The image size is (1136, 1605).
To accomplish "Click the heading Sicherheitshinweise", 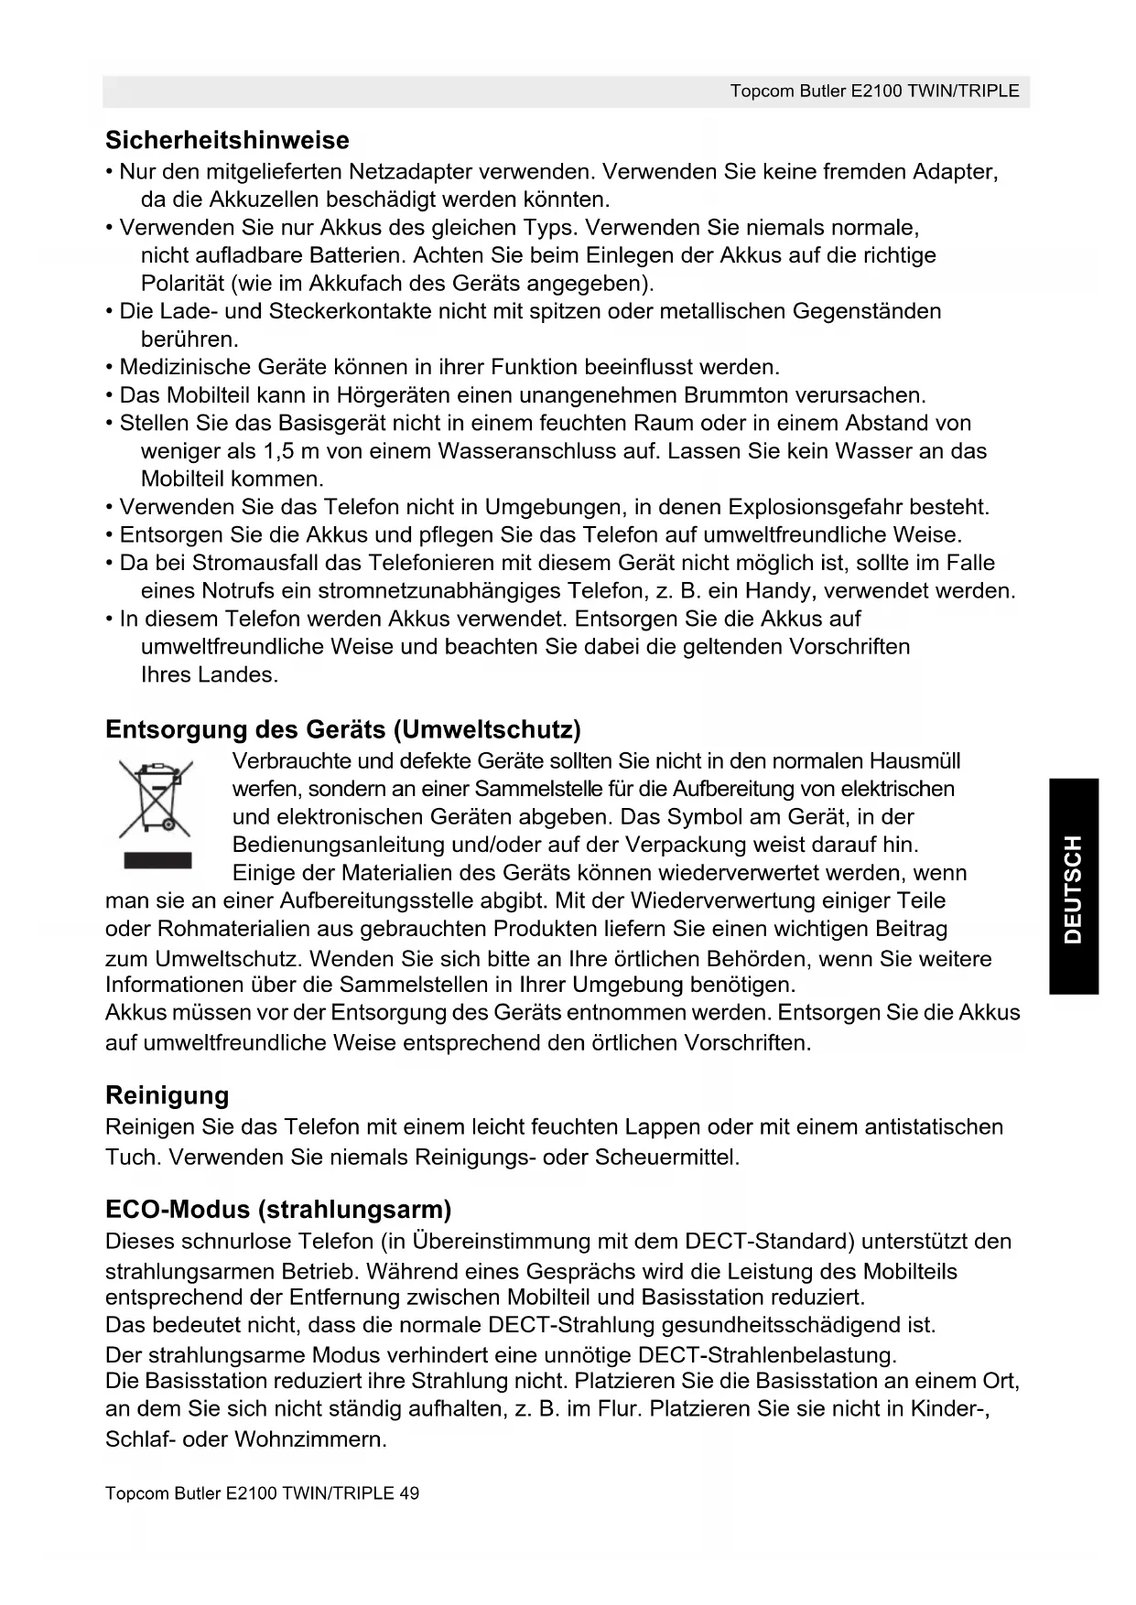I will (227, 140).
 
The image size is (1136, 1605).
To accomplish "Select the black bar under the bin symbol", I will (157, 860).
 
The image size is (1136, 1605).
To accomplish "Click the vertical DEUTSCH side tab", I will (1074, 887).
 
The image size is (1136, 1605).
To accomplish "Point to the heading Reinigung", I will (167, 1095).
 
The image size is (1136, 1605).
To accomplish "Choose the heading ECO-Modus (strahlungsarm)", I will (278, 1210).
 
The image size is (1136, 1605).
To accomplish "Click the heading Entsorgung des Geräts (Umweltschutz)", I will (343, 729).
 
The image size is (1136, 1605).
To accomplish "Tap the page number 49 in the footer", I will (409, 1493).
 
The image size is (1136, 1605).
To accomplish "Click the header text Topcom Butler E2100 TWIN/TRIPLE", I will (874, 92).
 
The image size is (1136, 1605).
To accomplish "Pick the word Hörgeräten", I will (389, 395).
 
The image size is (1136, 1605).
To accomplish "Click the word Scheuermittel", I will (665, 1157).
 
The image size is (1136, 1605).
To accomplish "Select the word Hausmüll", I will (914, 761).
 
